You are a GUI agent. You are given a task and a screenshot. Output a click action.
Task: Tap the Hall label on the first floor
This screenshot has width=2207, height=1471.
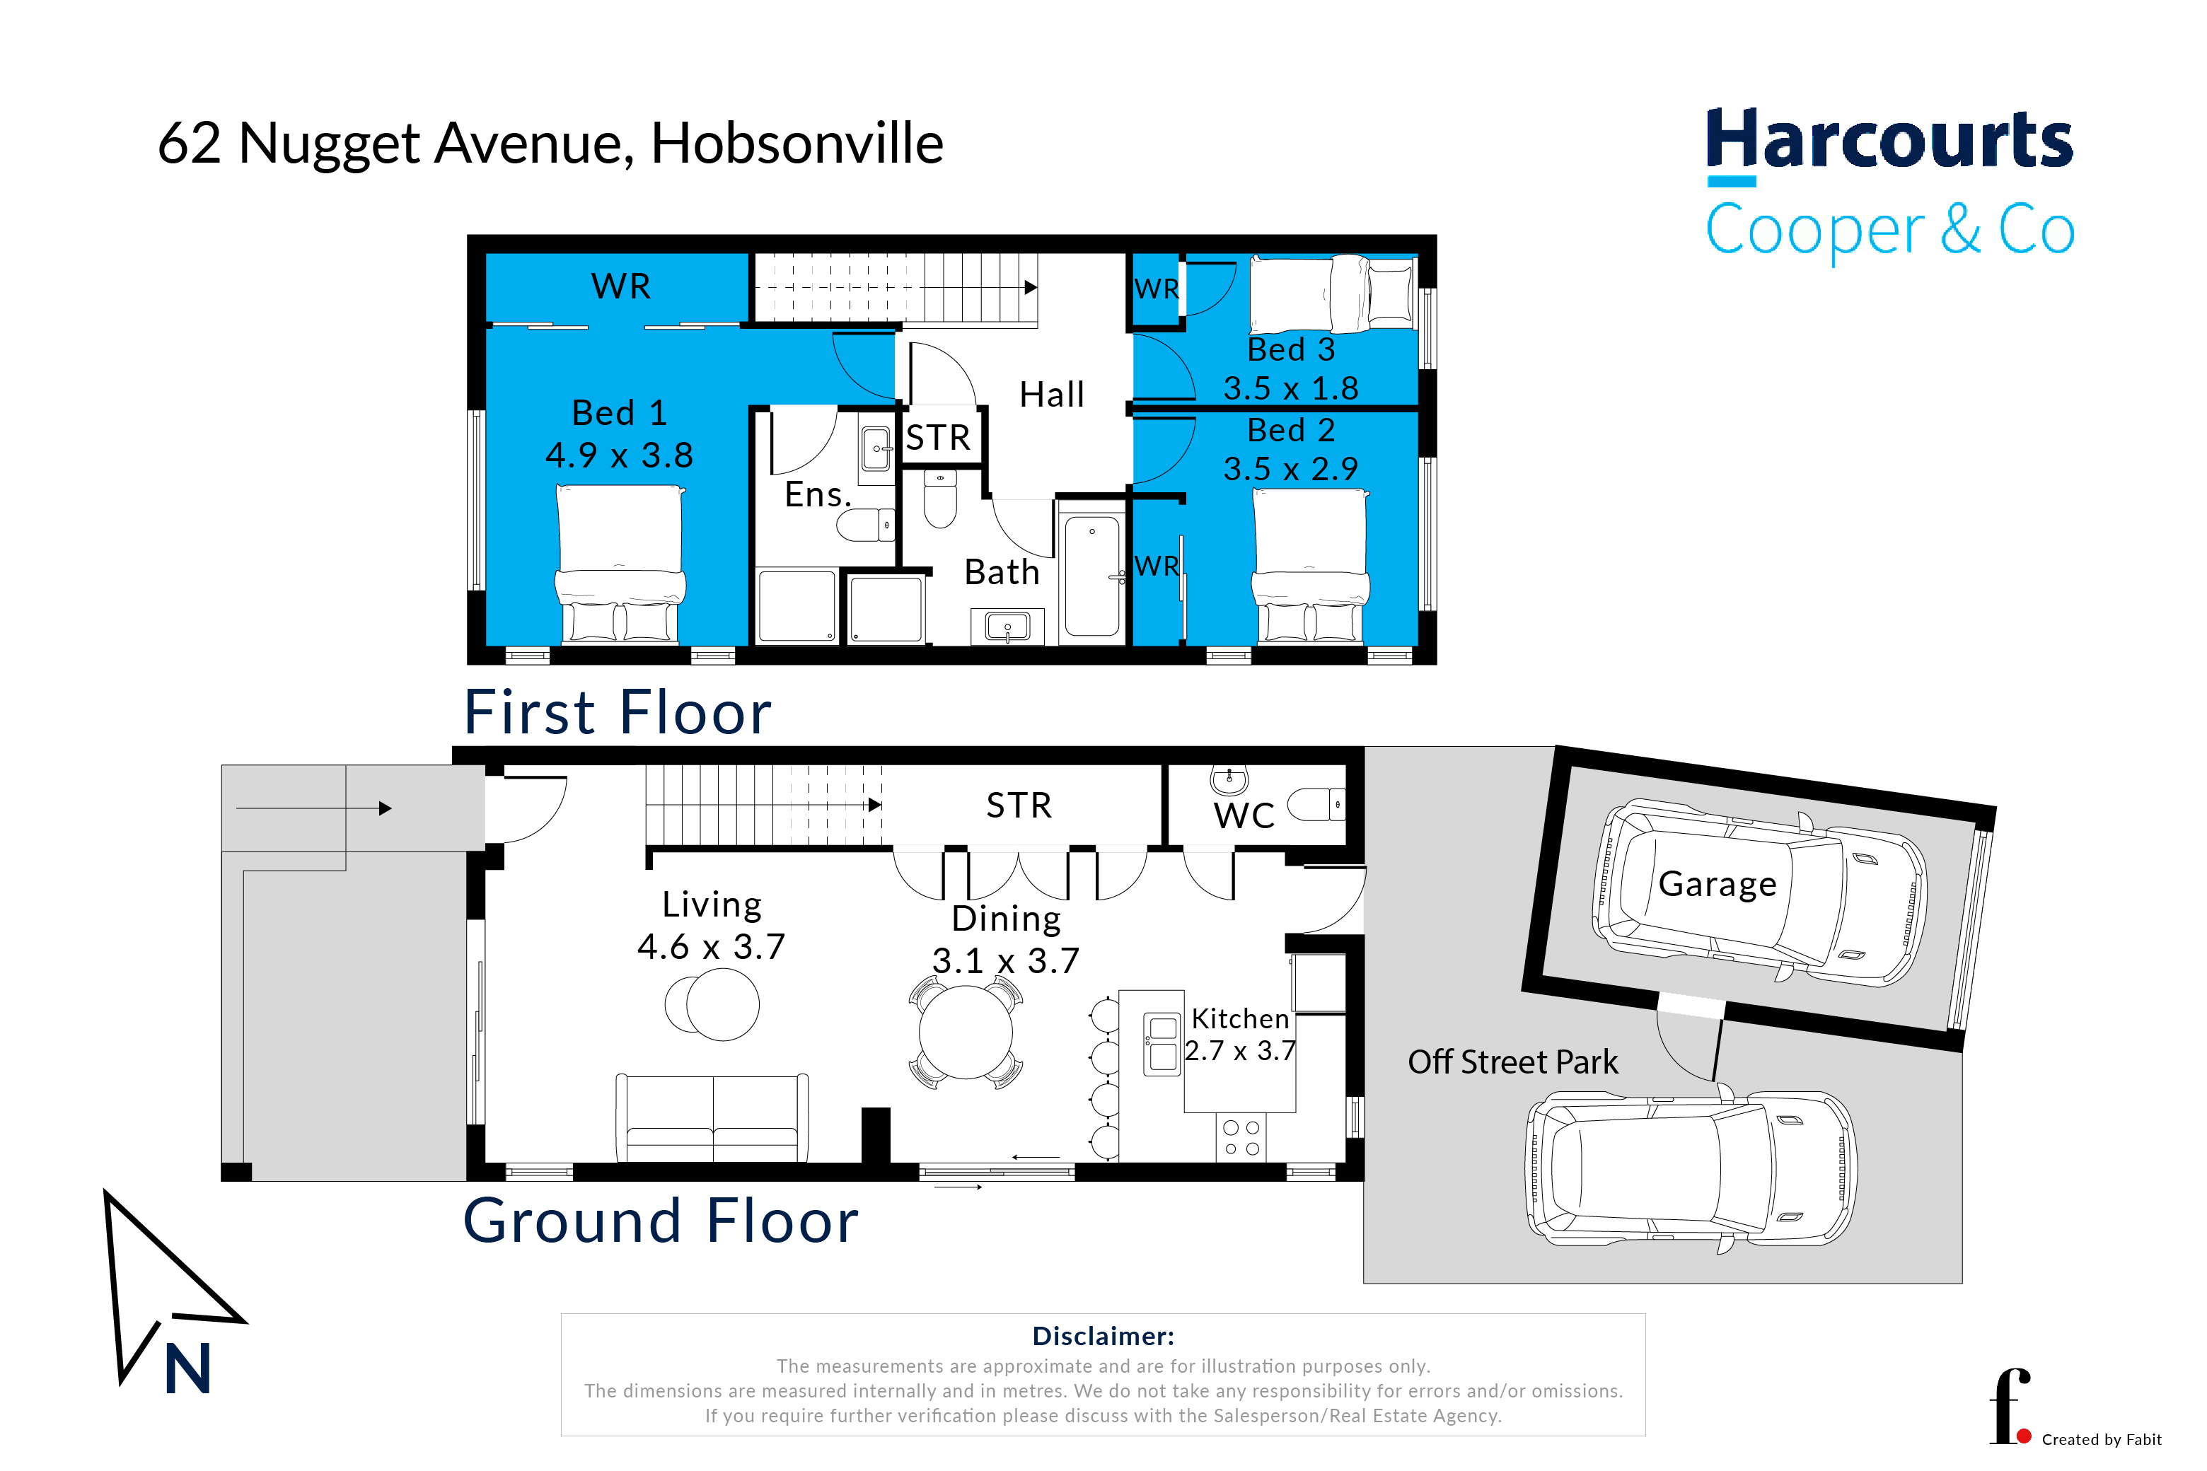1052,395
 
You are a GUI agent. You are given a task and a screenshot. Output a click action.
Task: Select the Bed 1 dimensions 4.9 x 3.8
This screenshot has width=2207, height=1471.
620,456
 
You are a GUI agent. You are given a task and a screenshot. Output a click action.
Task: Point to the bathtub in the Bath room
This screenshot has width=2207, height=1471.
1091,576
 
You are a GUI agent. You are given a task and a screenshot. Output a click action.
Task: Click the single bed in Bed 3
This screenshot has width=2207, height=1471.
1333,293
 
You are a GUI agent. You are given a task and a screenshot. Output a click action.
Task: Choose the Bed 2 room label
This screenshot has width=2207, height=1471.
1291,431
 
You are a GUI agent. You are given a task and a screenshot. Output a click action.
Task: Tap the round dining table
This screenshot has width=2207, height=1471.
966,1032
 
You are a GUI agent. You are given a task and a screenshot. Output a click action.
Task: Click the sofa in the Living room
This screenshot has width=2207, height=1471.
712,1118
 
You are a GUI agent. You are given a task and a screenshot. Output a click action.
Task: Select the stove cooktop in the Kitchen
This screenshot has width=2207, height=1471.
1241,1138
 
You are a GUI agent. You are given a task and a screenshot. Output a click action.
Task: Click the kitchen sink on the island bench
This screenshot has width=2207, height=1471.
1163,1044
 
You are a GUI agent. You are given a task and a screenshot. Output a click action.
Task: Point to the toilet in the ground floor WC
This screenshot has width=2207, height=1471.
1316,805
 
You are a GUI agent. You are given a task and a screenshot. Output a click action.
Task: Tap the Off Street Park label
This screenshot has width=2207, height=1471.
1512,1062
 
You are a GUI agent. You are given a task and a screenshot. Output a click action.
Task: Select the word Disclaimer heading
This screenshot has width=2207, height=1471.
1103,1336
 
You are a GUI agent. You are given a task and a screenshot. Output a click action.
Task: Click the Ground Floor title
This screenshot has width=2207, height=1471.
661,1221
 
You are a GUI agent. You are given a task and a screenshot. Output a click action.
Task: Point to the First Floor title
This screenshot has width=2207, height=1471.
618,712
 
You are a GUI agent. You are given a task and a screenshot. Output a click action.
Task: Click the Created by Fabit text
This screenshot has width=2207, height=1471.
2102,1439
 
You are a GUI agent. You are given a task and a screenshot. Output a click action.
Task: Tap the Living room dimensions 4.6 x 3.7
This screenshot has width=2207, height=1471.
712,946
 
